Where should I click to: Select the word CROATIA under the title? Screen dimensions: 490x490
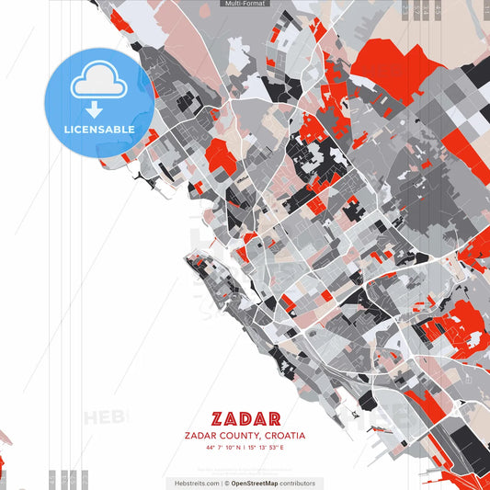284,436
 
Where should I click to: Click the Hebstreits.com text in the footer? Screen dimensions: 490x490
195,483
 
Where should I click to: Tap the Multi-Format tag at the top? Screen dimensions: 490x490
245,4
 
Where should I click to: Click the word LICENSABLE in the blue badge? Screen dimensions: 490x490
99,130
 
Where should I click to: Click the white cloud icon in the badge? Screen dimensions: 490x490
99,84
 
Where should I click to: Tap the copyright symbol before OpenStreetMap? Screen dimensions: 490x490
226,483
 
